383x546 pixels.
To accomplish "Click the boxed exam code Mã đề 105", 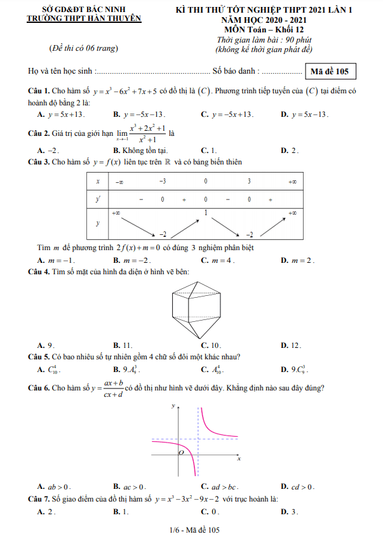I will (x=330, y=71).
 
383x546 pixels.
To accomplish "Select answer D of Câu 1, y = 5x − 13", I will (x=309, y=114).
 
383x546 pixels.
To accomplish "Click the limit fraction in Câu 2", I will (x=147, y=134).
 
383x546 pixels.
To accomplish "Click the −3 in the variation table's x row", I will (x=163, y=182).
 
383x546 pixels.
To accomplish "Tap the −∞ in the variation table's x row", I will (x=119, y=182).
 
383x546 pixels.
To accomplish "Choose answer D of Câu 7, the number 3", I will (x=293, y=511).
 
